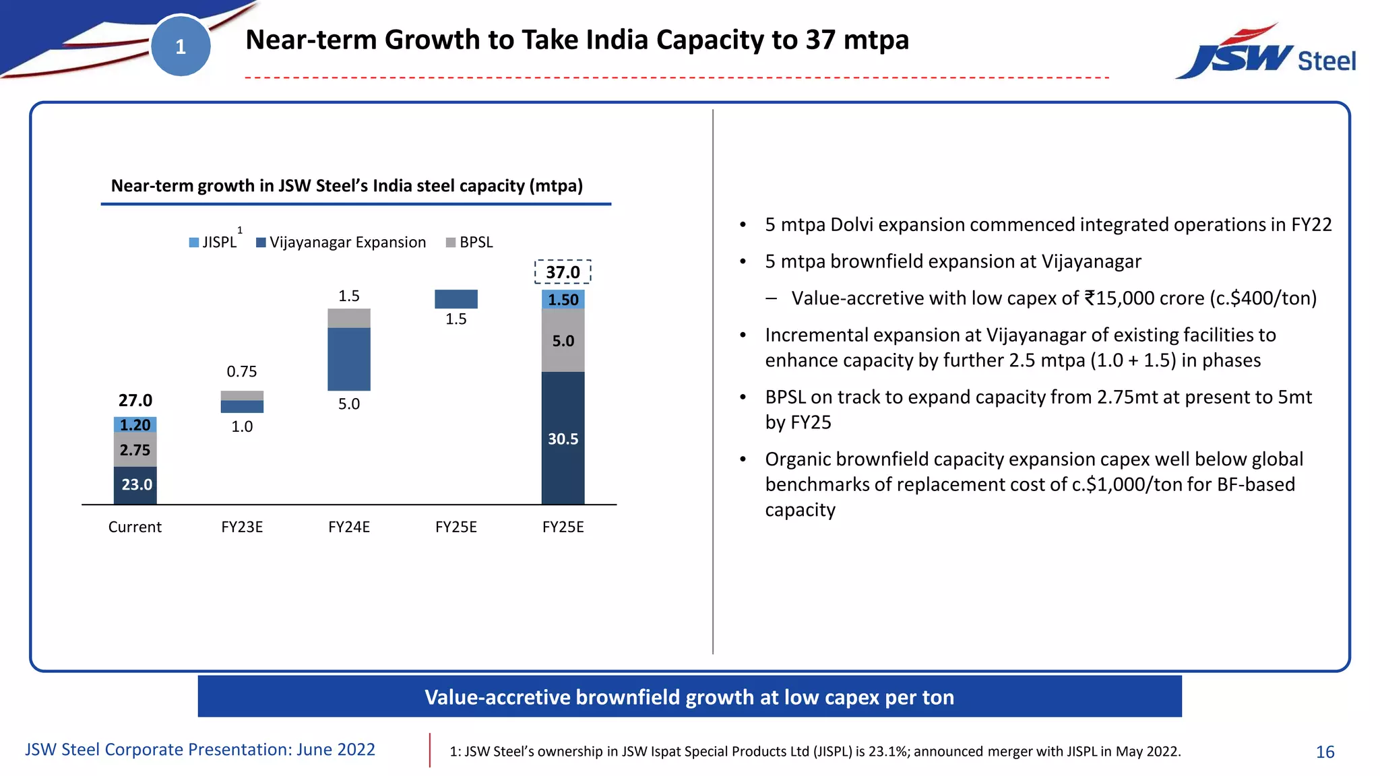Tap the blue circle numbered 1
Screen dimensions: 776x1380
[x=181, y=46]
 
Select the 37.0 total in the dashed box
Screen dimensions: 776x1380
[x=563, y=272]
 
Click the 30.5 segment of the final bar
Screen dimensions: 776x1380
[x=563, y=439]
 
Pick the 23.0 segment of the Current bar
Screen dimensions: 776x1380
[x=135, y=484]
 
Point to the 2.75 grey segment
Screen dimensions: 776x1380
[x=135, y=450]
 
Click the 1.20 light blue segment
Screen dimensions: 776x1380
[x=135, y=425]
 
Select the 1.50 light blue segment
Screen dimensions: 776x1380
[x=563, y=300]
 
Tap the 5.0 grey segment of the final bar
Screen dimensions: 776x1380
[x=563, y=341]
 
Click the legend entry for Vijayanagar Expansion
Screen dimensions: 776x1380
[x=341, y=243]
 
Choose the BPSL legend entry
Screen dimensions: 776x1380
[x=470, y=243]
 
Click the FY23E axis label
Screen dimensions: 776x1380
[x=242, y=527]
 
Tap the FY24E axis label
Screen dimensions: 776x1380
[x=348, y=527]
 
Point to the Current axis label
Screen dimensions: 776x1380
[x=135, y=527]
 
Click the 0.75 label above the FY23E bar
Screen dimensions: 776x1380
[x=242, y=371]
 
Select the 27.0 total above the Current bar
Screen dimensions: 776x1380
[x=135, y=400]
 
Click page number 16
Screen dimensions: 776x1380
[x=1325, y=752]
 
